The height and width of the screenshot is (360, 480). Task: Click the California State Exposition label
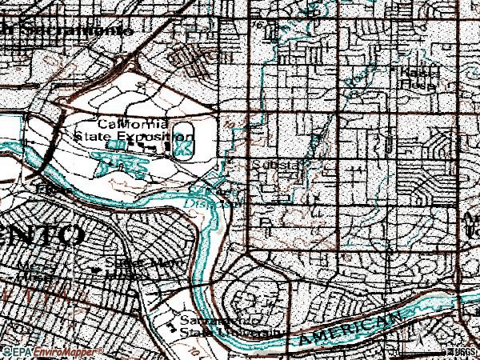(x=122, y=130)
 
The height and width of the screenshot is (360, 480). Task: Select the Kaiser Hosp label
(x=416, y=78)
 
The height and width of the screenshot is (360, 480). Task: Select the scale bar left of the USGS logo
(x=420, y=352)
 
